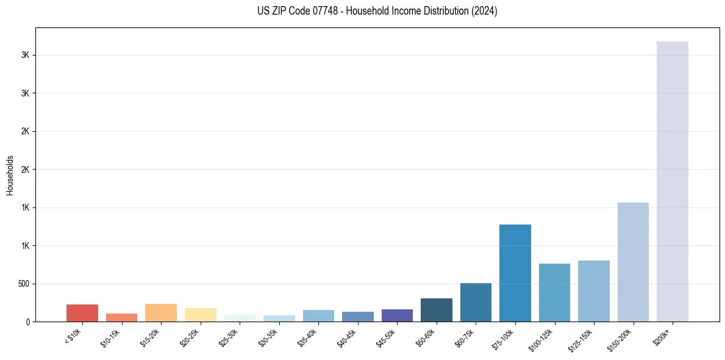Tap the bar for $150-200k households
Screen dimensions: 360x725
click(x=633, y=262)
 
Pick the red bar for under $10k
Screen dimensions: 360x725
click(x=82, y=313)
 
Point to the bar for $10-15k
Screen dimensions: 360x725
click(x=121, y=317)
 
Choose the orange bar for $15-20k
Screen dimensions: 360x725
click(x=161, y=312)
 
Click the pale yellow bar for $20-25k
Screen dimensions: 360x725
click(x=200, y=315)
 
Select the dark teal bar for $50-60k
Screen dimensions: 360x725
click(x=436, y=310)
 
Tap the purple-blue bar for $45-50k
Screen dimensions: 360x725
click(x=397, y=315)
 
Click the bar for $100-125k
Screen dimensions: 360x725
click(x=554, y=292)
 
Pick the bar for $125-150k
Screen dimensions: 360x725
click(x=593, y=291)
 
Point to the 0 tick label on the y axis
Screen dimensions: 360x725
click(x=28, y=322)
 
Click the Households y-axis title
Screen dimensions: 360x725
click(x=10, y=175)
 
